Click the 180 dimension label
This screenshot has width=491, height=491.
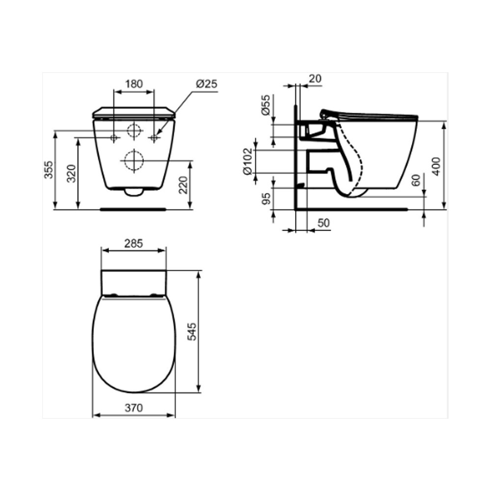[x=134, y=84]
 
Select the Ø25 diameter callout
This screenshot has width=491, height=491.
[x=207, y=84]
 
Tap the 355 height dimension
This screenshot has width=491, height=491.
[x=49, y=170]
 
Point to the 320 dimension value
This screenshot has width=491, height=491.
[x=71, y=173]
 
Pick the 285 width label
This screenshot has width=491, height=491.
[x=134, y=244]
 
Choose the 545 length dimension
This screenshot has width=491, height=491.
[x=191, y=331]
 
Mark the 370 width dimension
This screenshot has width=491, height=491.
[x=134, y=408]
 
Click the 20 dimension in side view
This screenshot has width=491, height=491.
[x=315, y=79]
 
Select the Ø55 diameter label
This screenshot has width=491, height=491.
[x=266, y=105]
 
